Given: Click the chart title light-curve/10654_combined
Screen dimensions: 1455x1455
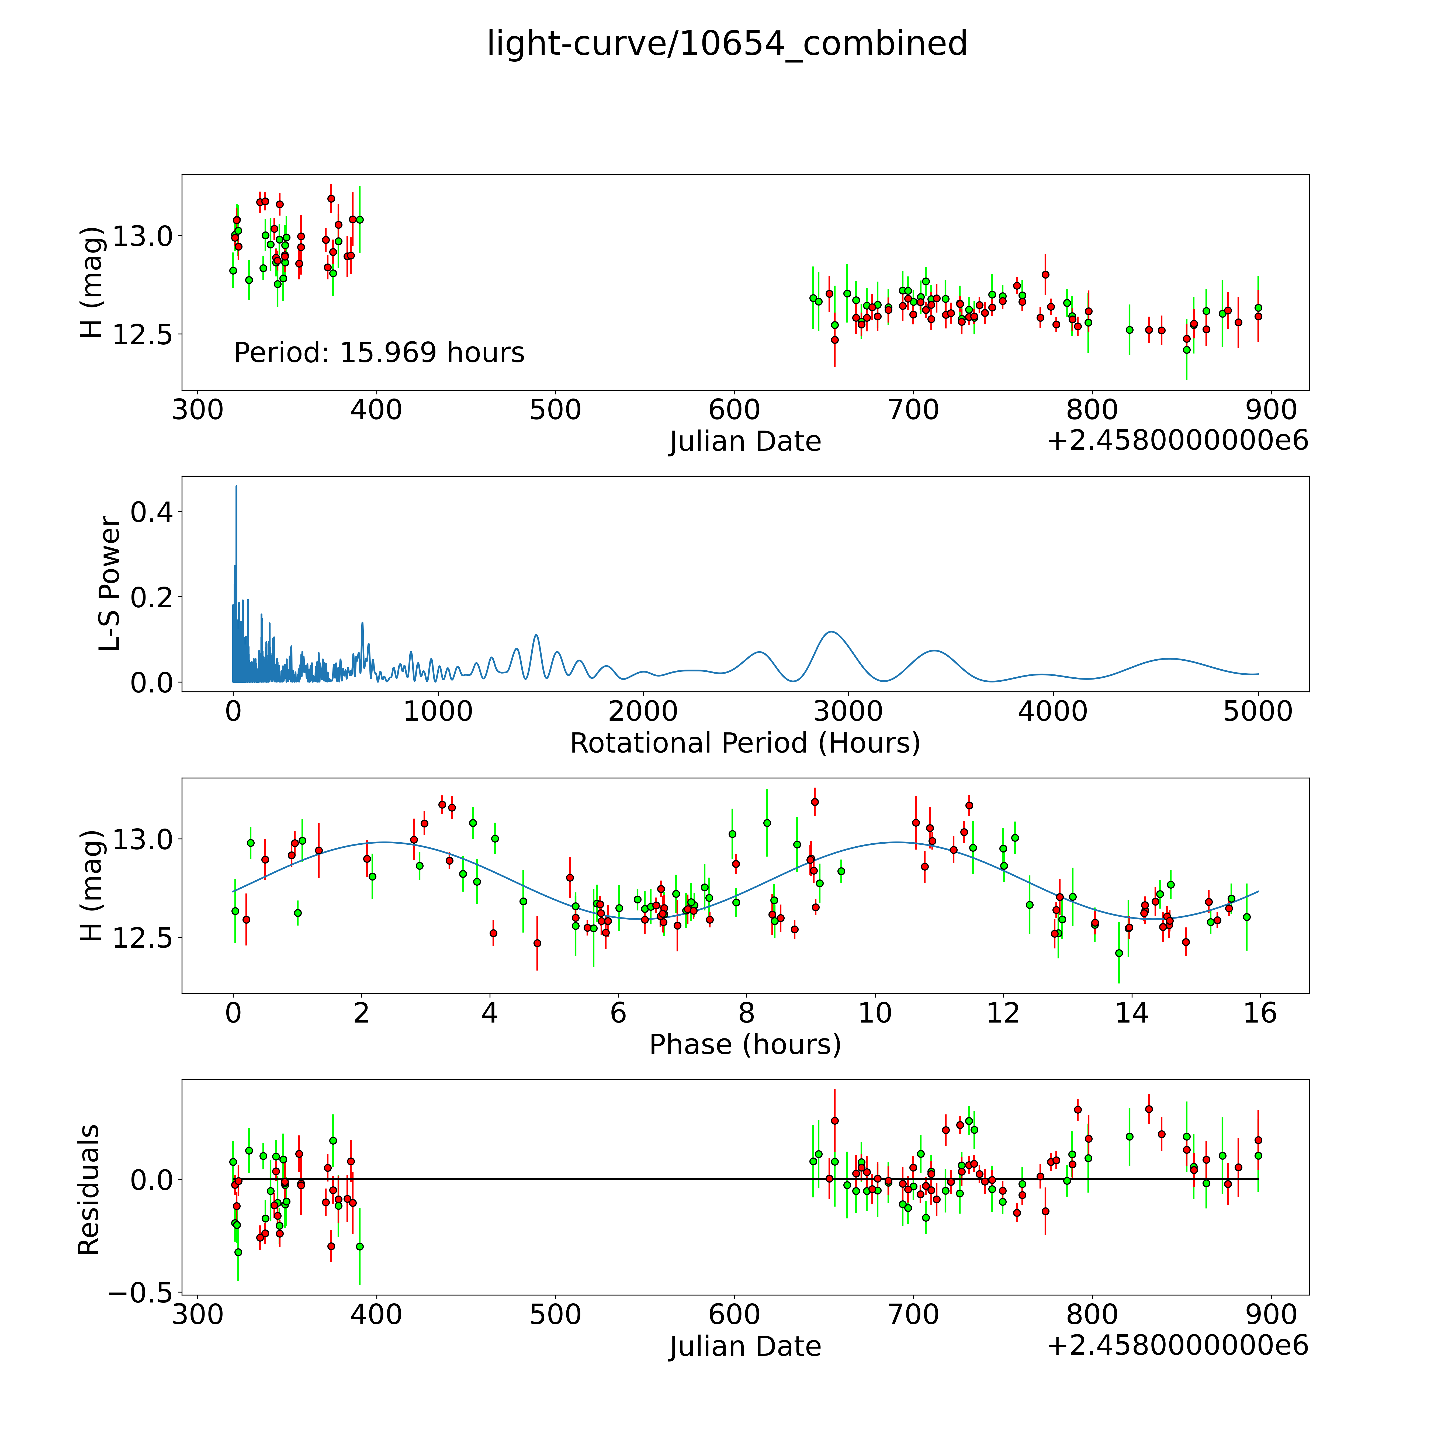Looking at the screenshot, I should tap(727, 44).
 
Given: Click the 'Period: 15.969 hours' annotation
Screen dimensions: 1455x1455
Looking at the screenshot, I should tap(379, 352).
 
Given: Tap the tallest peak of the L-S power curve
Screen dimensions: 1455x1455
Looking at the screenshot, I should tap(236, 487).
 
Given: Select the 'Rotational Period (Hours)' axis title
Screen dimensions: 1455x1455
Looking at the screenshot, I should tap(745, 743).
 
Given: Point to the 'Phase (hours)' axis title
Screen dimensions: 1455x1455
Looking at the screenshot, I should tap(745, 1045).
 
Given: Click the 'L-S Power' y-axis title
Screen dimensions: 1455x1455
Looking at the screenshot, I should tap(109, 584).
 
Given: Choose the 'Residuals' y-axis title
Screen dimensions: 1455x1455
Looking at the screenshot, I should tap(89, 1190).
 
